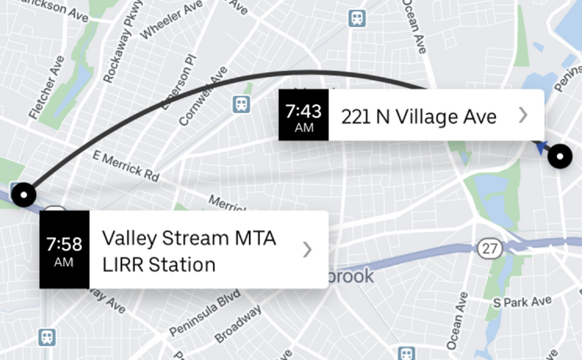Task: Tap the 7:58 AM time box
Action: pyautogui.click(x=64, y=249)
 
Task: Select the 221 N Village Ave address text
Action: pyautogui.click(x=419, y=115)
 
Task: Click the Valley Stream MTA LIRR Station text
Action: pyautogui.click(x=190, y=251)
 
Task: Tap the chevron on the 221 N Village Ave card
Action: pyautogui.click(x=522, y=115)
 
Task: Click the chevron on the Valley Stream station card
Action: pyautogui.click(x=307, y=250)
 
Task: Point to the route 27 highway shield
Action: pyautogui.click(x=489, y=248)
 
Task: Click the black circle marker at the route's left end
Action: pyautogui.click(x=26, y=195)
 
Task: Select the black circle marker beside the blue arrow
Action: pyautogui.click(x=561, y=156)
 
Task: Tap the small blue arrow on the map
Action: pyautogui.click(x=542, y=148)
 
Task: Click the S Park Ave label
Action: pyautogui.click(x=522, y=301)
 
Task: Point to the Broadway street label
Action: pyautogui.click(x=238, y=323)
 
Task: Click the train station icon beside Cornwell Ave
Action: pyautogui.click(x=241, y=105)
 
